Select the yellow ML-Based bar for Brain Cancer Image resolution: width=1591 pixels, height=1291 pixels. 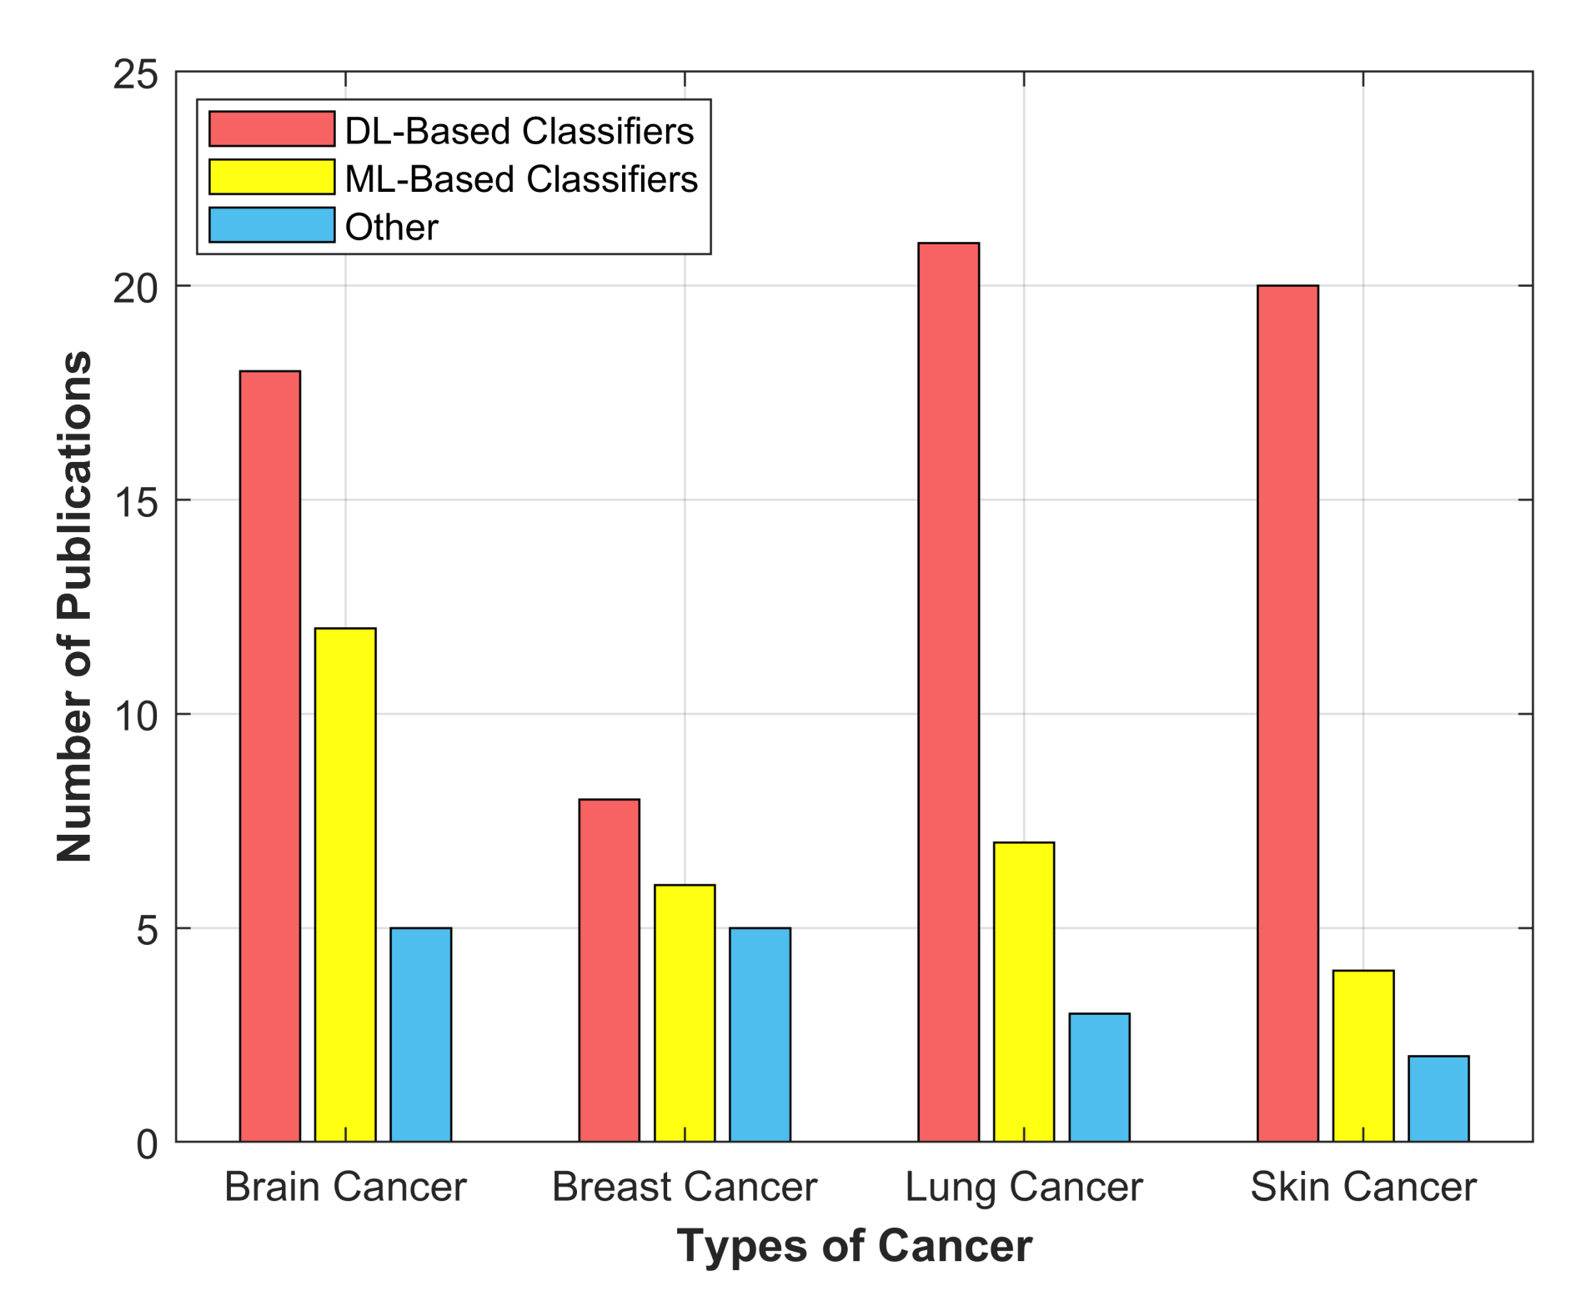pos(344,884)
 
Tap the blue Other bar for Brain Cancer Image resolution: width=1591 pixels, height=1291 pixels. pos(420,1033)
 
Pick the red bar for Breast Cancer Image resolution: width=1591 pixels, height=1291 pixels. pos(609,969)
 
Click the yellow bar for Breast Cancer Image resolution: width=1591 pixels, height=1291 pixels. pos(684,1012)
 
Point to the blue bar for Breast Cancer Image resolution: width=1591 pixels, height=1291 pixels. pos(760,1033)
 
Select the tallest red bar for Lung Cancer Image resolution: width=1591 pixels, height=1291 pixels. pos(948,691)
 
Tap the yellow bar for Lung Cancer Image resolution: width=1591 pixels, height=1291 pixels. pos(1023,991)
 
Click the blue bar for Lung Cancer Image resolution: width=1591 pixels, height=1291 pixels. pos(1099,1077)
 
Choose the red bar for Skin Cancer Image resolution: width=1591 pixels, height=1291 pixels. pos(1287,712)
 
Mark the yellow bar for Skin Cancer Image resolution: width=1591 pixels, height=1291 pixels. pos(1363,1055)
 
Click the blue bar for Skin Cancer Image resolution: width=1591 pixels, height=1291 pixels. pos(1438,1098)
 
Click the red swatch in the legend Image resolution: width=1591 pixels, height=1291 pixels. pos(271,129)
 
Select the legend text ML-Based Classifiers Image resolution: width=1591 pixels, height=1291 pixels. pos(520,179)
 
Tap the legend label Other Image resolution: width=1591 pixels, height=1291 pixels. pos(391,227)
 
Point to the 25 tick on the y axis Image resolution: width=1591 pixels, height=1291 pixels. pos(136,74)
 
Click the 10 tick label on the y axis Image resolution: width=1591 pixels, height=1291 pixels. pos(136,716)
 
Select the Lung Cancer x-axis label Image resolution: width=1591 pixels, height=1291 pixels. pos(1023,1186)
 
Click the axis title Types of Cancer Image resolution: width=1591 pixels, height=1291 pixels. pos(854,1245)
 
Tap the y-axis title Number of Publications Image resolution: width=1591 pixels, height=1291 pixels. pos(75,605)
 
